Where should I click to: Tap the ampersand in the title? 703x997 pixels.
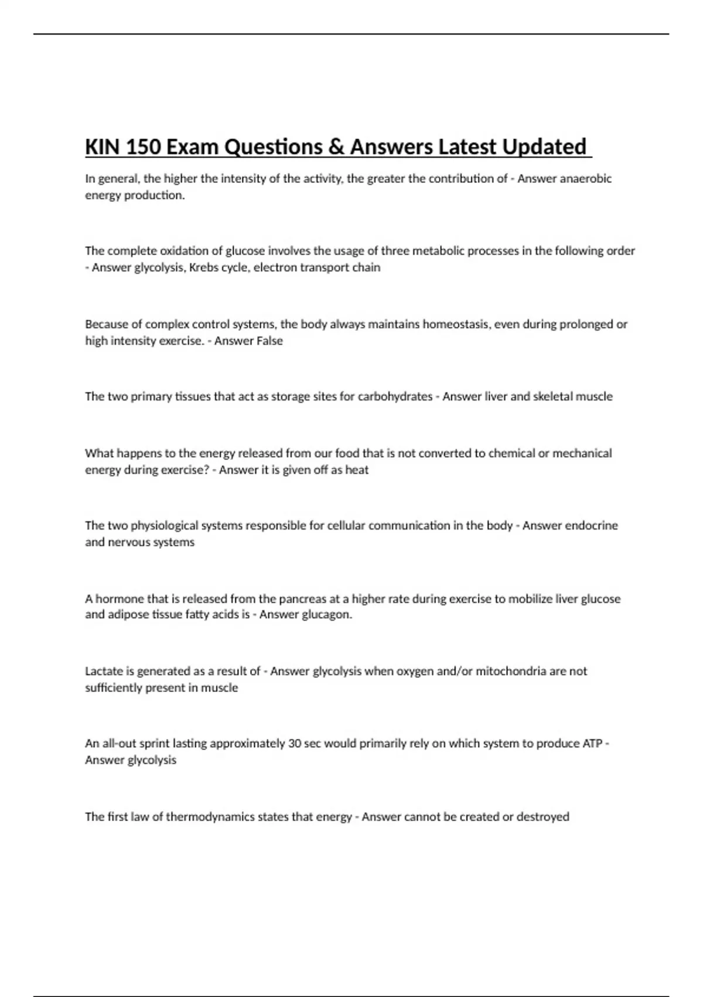point(336,147)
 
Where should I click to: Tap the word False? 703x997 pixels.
point(265,341)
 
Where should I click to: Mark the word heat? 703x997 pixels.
point(357,470)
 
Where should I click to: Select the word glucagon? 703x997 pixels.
point(326,615)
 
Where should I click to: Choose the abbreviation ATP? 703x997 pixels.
point(592,744)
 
